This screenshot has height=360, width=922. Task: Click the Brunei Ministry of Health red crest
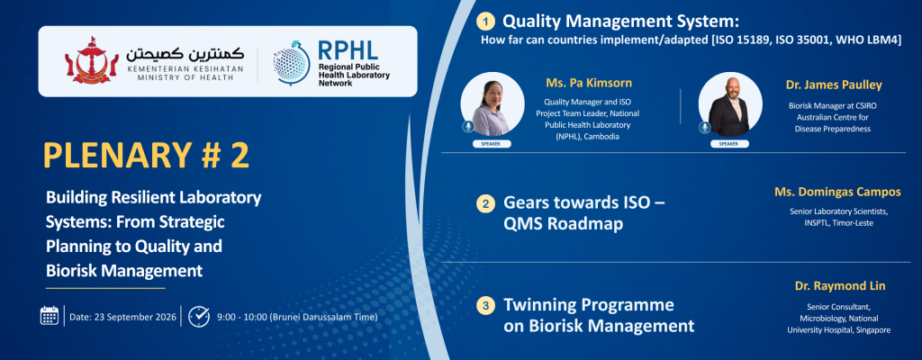(x=87, y=60)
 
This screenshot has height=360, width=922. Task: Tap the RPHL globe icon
(x=292, y=63)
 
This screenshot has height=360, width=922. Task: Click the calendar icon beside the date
(x=50, y=316)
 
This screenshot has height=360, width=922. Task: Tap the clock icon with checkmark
(x=199, y=316)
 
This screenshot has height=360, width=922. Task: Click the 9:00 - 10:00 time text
(x=297, y=317)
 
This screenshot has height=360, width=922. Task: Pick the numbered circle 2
(x=485, y=204)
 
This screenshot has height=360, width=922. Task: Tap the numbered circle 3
(x=485, y=306)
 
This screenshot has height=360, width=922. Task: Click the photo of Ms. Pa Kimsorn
(x=493, y=104)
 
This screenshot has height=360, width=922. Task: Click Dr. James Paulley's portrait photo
(x=729, y=104)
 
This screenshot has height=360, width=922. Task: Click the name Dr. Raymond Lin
(x=840, y=286)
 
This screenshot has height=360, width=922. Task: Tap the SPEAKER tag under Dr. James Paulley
(x=729, y=143)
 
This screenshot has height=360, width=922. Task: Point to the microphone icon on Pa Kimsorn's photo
(x=468, y=127)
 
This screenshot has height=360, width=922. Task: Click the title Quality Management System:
(x=620, y=22)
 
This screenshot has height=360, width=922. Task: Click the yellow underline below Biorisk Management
(x=105, y=288)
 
